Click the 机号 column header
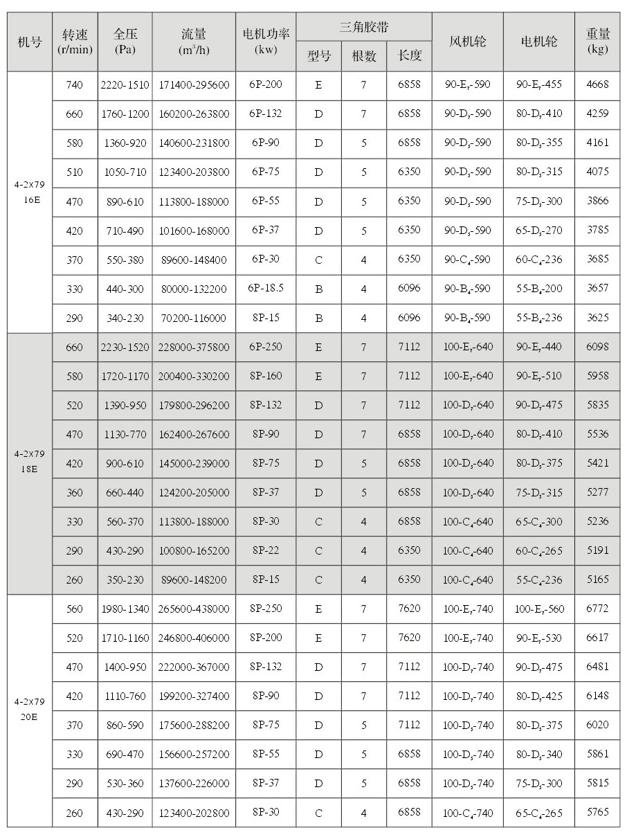pos(30,42)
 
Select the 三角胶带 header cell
pos(364,28)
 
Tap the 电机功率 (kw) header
pos(266,42)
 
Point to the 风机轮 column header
pos(467,42)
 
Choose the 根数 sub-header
pos(364,57)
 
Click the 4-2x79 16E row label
pos(30,191)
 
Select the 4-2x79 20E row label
pos(30,709)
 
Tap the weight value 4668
pos(597,85)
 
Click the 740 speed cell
pos(74,85)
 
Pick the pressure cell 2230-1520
pos(125,347)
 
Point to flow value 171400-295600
pos(194,85)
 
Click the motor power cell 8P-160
pos(266,376)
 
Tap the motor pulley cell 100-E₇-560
pos(539,609)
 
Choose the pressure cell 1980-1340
pos(125,609)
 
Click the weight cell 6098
pos(597,347)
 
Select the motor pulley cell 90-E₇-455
pos(539,85)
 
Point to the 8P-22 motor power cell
pos(266,550)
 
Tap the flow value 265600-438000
pos(194,609)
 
